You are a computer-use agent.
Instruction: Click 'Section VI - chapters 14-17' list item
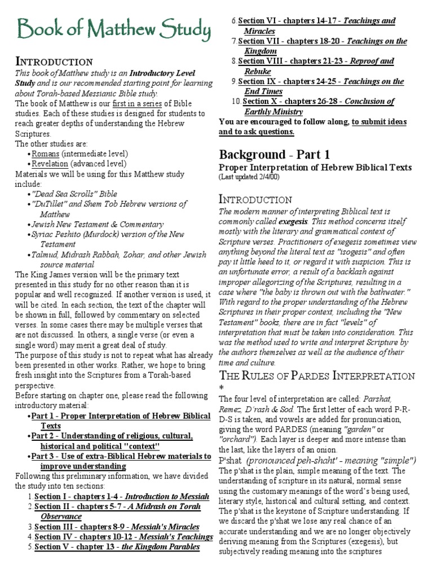click(x=316, y=21)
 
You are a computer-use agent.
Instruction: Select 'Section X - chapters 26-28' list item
click(x=318, y=102)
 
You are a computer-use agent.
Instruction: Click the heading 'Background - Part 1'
click(x=274, y=155)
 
